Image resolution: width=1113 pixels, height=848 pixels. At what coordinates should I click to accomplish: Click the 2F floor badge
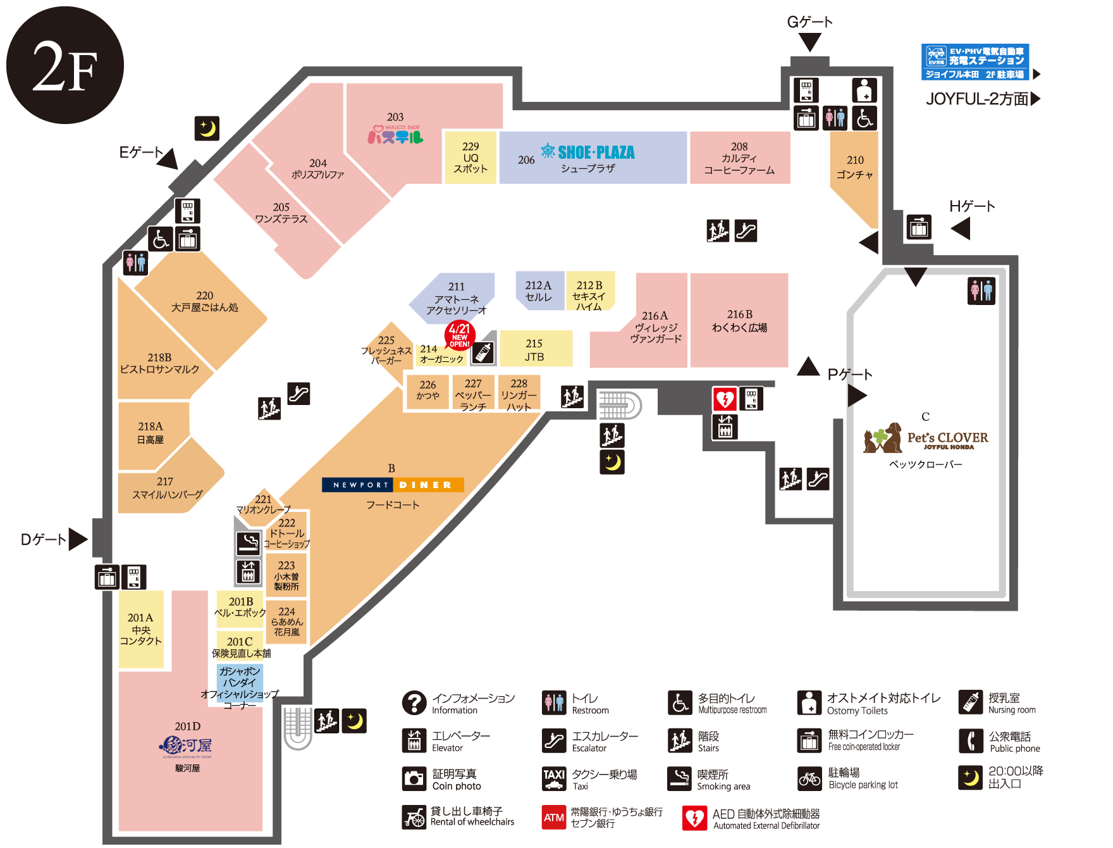click(x=65, y=65)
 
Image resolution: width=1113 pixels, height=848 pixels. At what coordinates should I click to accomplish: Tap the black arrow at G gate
click(x=809, y=42)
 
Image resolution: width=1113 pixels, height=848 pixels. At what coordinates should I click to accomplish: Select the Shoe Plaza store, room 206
click(x=593, y=158)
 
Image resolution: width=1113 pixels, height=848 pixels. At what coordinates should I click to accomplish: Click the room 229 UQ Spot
click(x=470, y=158)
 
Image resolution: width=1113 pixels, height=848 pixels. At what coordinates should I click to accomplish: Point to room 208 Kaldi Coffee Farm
click(x=739, y=158)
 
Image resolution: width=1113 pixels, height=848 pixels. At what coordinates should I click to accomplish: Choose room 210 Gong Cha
click(x=854, y=168)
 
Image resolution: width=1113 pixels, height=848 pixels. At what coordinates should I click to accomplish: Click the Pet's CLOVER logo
click(x=925, y=437)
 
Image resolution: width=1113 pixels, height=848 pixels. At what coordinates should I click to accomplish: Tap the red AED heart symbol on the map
click(x=725, y=399)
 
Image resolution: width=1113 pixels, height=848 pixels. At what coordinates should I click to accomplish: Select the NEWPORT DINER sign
click(x=393, y=485)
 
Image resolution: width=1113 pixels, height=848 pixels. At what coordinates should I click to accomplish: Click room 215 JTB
click(x=535, y=349)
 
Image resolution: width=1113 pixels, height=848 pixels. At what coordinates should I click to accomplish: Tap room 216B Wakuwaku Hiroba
click(x=739, y=321)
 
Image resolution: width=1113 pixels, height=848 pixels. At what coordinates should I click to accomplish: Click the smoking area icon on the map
click(x=249, y=543)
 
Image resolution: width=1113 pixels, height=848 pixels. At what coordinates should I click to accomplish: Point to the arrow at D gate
click(x=78, y=539)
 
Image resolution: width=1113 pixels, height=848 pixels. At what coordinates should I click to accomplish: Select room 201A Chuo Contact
click(x=141, y=629)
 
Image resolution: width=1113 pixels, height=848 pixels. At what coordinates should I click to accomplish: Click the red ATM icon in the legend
click(x=554, y=817)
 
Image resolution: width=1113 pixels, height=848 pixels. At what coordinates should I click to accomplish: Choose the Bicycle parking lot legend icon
click(x=809, y=779)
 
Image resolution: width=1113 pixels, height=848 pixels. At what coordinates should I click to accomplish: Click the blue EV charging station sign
click(x=975, y=62)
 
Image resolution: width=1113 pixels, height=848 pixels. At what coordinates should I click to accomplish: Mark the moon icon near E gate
click(x=207, y=128)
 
